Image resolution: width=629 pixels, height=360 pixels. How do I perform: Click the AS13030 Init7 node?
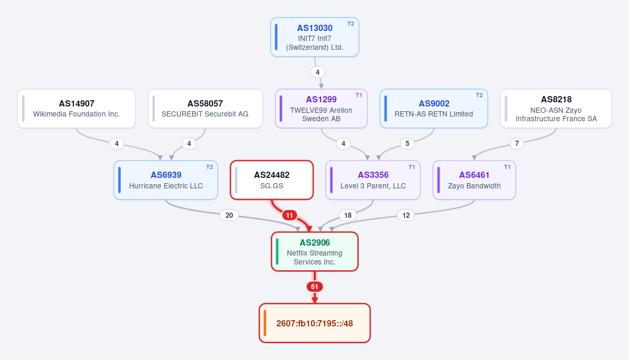[315, 37]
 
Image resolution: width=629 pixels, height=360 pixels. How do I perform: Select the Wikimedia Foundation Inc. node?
[76, 108]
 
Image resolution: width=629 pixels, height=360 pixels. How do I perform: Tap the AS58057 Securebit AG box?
[205, 108]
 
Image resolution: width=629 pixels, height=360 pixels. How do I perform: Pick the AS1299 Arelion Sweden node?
[321, 108]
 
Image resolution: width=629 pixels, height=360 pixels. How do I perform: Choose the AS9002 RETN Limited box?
[434, 108]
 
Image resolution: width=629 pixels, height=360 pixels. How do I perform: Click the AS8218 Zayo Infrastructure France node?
[556, 108]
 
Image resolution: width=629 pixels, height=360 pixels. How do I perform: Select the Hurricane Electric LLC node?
[166, 180]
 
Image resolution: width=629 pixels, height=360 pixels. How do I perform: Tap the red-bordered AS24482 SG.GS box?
[272, 180]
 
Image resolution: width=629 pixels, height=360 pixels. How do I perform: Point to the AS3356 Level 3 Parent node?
[373, 180]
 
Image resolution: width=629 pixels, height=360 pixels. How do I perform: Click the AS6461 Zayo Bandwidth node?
[474, 180]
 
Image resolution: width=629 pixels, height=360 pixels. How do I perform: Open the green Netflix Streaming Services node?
[315, 252]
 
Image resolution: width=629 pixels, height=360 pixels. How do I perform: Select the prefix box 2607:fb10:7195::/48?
[315, 323]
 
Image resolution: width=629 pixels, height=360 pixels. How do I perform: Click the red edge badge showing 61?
[315, 287]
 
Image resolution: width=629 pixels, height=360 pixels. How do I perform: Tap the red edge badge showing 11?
[289, 216]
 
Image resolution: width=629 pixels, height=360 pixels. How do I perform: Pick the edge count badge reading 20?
[229, 216]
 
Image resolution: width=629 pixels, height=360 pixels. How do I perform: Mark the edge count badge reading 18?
[348, 216]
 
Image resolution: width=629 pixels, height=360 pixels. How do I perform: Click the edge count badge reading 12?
[406, 216]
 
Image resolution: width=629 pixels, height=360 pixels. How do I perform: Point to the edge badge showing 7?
[517, 143]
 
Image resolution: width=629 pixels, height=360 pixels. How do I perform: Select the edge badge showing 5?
[407, 143]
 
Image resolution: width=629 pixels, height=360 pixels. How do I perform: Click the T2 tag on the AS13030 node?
[350, 24]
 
